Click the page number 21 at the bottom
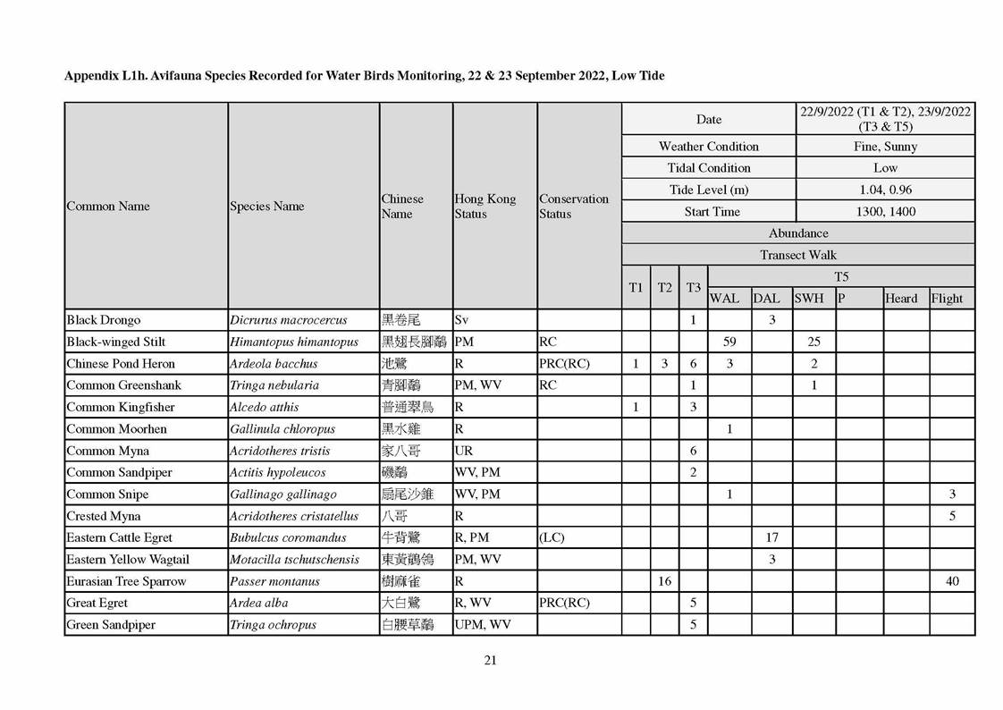click(489, 661)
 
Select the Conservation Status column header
click(574, 206)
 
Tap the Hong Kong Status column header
click(485, 206)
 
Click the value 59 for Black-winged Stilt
click(729, 342)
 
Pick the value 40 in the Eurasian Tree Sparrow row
click(952, 581)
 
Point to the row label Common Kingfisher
click(111, 407)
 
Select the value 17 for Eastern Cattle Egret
click(771, 537)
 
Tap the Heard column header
click(901, 299)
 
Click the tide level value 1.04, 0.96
click(885, 190)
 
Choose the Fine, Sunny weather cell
click(885, 146)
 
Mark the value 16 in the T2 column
click(664, 581)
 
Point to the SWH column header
click(809, 299)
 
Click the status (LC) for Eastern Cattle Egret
click(552, 537)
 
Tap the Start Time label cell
click(712, 212)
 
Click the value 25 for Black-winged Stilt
click(814, 342)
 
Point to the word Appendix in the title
click(91, 76)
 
